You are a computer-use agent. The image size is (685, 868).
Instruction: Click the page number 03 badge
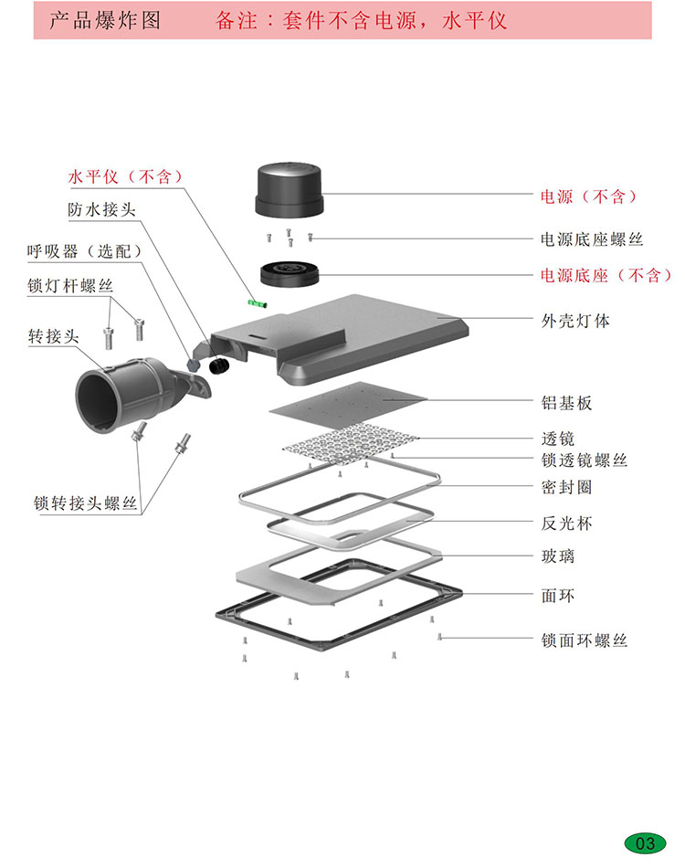pyautogui.click(x=645, y=842)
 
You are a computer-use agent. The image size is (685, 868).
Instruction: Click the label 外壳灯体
pyautogui.click(x=576, y=321)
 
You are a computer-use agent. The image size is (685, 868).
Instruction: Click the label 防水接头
pyautogui.click(x=101, y=209)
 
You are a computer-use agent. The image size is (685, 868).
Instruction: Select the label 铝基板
pyautogui.click(x=567, y=402)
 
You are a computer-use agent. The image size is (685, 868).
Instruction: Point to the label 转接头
pyautogui.click(x=53, y=336)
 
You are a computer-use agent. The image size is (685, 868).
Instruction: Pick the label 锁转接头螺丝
pyautogui.click(x=86, y=503)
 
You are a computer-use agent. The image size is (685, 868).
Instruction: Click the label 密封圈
pyautogui.click(x=567, y=486)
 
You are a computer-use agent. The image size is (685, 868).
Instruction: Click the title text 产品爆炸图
pyautogui.click(x=104, y=20)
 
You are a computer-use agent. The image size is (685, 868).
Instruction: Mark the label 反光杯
pyautogui.click(x=567, y=524)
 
